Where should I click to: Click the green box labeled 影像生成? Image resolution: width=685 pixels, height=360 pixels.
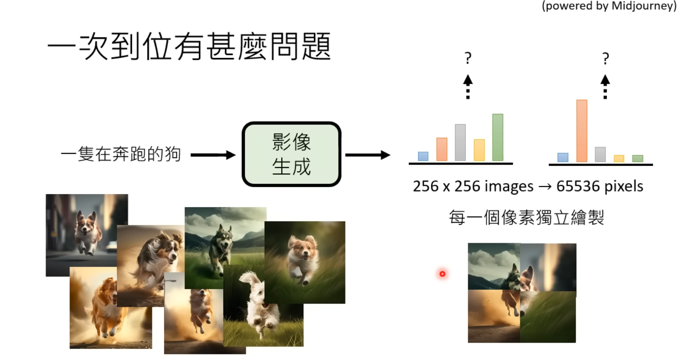coord(291,154)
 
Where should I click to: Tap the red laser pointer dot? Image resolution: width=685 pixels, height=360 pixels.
coord(442,274)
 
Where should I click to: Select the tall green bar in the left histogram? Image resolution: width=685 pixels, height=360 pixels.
coord(497,137)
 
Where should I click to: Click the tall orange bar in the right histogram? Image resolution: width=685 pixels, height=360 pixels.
coord(582,131)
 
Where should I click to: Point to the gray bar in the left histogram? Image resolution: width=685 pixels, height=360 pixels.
coord(460,142)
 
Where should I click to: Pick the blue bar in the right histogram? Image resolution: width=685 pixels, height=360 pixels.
coord(563,157)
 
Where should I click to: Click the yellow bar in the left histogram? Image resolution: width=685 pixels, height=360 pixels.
coord(479,150)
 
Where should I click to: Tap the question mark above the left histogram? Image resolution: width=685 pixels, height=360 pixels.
coord(468,58)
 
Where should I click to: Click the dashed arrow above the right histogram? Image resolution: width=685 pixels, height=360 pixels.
coord(605,87)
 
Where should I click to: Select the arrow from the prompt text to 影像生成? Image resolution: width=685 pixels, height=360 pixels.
coord(213,155)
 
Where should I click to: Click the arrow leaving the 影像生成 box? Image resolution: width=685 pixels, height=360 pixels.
coord(368,155)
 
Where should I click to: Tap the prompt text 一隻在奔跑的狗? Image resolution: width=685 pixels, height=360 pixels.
coord(121,154)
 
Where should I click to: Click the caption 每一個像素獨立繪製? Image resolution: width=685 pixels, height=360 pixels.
coord(526,218)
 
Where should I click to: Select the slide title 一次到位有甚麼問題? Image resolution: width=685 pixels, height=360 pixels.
coord(189,46)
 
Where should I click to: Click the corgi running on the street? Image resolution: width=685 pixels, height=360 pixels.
coord(87,235)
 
